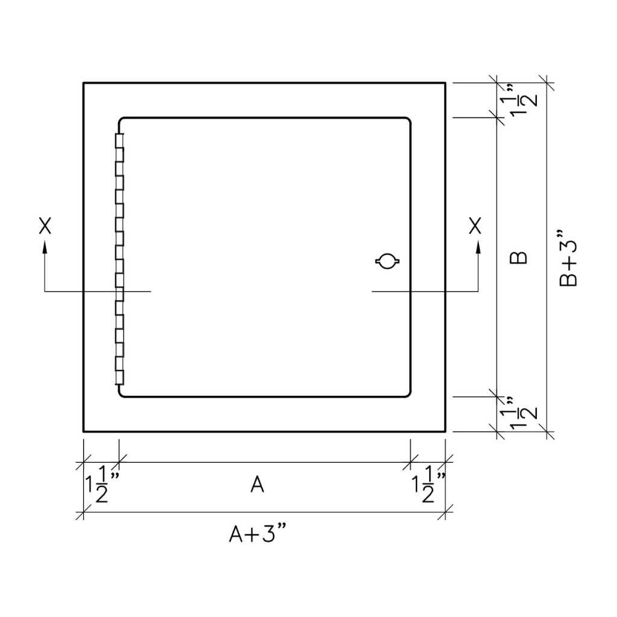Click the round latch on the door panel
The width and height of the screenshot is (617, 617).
[x=387, y=262]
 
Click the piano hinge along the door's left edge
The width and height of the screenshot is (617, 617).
[x=119, y=259]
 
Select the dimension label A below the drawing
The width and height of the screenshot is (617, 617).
[x=257, y=484]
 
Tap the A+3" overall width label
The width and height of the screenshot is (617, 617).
[x=258, y=534]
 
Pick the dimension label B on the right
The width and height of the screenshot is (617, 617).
[x=519, y=258]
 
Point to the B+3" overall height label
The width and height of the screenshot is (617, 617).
[x=568, y=258]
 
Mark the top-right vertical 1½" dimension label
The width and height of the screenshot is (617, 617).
[x=519, y=101]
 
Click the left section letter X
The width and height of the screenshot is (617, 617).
[x=45, y=226]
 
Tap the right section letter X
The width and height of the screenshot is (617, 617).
[x=475, y=226]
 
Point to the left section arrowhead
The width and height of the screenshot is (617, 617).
[x=45, y=246]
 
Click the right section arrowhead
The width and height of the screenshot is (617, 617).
[x=478, y=246]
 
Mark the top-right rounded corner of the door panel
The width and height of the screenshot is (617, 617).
[x=408, y=121]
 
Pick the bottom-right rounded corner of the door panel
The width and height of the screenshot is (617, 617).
[x=408, y=393]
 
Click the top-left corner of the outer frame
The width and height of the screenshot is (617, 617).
[x=83, y=83]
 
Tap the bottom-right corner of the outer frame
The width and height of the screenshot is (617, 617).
[x=445, y=431]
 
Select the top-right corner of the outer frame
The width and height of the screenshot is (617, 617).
[x=445, y=83]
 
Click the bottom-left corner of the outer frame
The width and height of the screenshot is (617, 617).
[x=83, y=431]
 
